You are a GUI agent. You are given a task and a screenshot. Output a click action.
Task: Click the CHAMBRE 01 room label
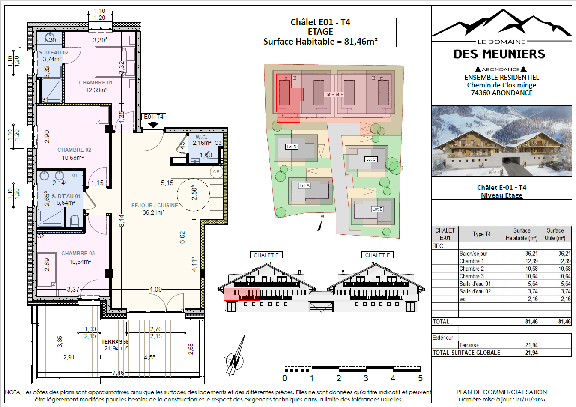(x=96, y=83)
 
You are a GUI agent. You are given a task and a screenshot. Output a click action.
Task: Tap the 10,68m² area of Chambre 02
(x=73, y=158)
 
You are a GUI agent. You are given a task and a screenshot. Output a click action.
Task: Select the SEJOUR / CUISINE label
(x=155, y=206)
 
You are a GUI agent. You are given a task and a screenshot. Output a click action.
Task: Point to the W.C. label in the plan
(x=201, y=138)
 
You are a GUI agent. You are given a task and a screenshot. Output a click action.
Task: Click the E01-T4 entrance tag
(x=153, y=117)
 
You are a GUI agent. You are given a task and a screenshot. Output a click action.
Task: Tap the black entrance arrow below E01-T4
(x=153, y=125)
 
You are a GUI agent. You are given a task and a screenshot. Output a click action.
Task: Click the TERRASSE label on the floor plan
(x=115, y=341)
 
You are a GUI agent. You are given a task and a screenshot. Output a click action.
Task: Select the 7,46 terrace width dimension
(x=118, y=373)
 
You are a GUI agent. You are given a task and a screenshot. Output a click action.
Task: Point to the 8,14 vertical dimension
(x=122, y=221)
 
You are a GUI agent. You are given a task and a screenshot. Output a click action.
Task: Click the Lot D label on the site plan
(x=292, y=147)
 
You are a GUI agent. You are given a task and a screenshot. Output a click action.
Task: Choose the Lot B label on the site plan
(x=377, y=209)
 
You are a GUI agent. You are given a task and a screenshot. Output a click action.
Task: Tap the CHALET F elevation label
(x=377, y=255)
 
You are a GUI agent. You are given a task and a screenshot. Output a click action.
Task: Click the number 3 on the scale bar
(x=366, y=378)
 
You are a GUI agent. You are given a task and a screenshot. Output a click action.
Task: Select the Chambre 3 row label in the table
(x=472, y=276)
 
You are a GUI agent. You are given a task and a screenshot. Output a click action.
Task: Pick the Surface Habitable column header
(x=522, y=234)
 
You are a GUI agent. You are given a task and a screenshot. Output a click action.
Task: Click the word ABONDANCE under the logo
(x=501, y=69)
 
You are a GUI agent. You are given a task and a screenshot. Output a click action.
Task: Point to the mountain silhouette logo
(x=501, y=23)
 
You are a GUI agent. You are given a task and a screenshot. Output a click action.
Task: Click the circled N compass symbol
(x=235, y=361)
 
